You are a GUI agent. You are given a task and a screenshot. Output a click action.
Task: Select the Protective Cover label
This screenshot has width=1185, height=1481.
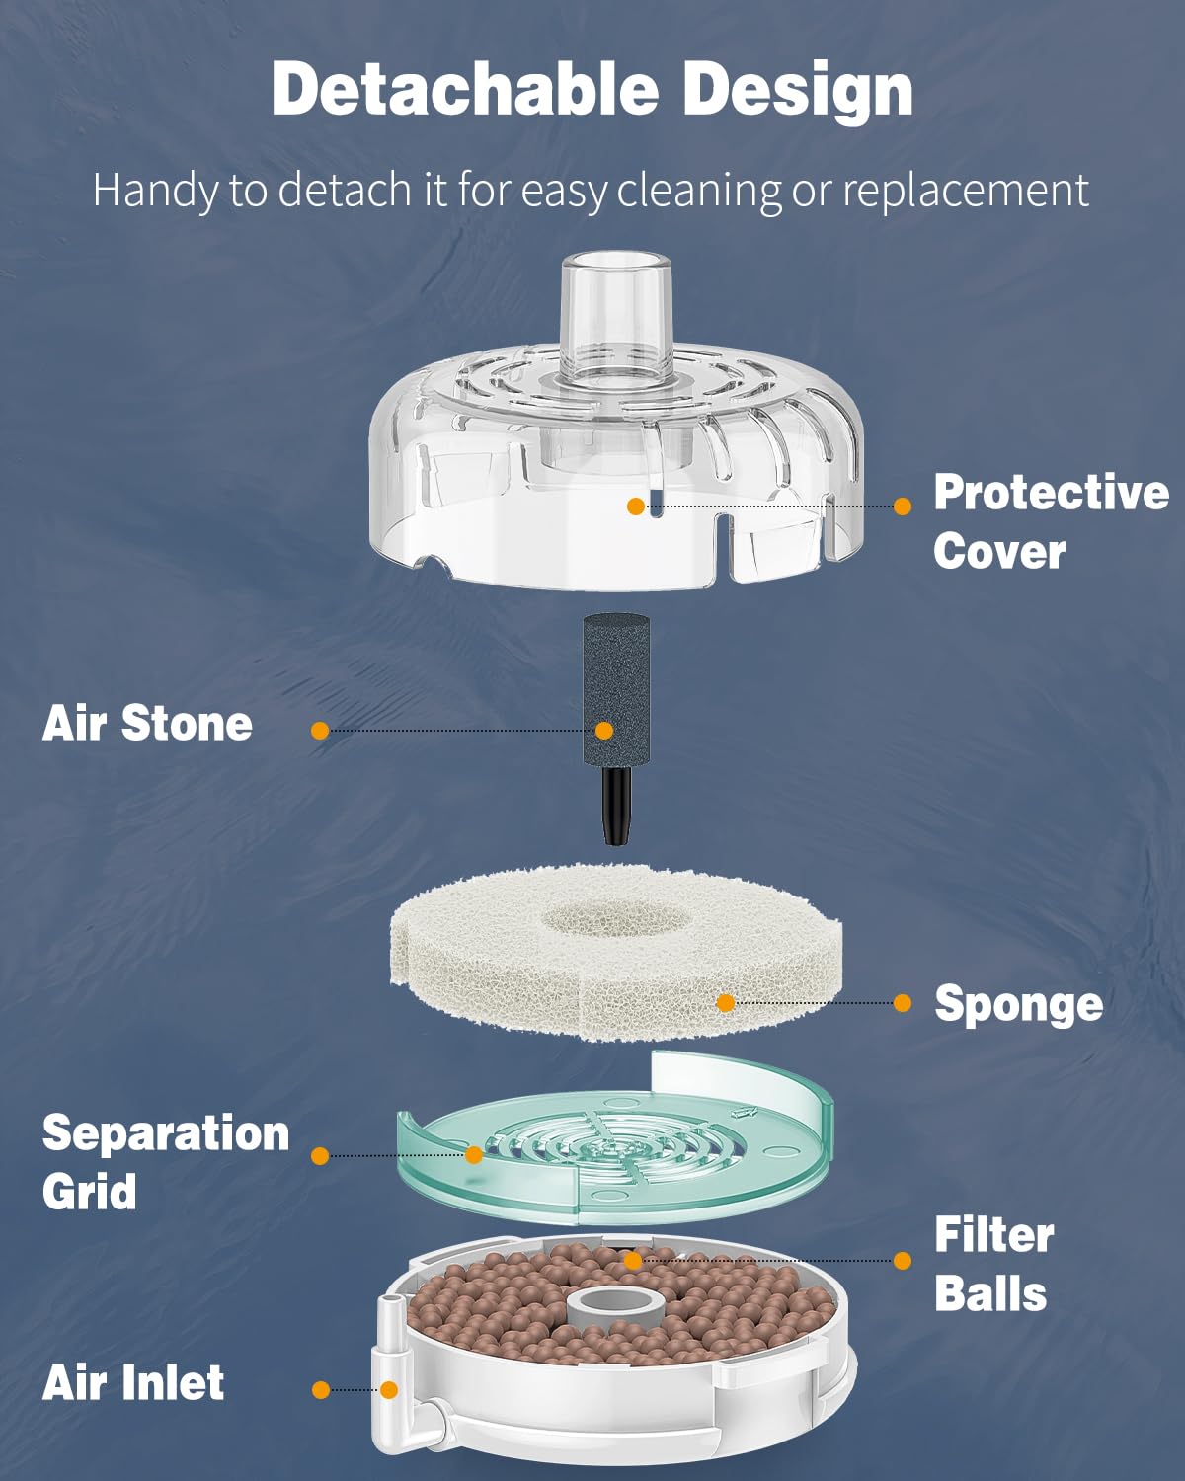pos(1050,521)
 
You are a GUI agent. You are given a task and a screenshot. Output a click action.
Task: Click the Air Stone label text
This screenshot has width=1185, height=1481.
pos(147,723)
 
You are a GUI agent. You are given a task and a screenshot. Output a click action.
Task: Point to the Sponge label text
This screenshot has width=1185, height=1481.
pos(1018,1004)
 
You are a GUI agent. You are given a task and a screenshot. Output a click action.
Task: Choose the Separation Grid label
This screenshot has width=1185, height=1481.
pos(165,1162)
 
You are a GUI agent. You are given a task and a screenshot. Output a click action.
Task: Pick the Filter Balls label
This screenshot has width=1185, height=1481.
pos(993,1264)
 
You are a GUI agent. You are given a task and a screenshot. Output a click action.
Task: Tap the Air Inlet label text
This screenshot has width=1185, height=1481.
pos(133,1382)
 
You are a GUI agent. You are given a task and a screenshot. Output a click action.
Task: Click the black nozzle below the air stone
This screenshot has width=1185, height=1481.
pos(617,805)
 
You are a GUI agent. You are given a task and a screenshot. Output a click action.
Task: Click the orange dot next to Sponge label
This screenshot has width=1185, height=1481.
pos(902,1003)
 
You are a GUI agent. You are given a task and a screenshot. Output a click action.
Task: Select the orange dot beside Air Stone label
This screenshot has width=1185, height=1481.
pos(320,731)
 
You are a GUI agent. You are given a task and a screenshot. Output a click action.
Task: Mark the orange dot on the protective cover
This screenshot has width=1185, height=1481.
pos(636,507)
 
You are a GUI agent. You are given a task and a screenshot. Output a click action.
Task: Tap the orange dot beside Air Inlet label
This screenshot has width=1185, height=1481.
pos(321,1390)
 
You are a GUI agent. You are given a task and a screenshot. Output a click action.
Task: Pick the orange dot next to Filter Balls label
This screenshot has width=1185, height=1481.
pos(902,1261)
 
